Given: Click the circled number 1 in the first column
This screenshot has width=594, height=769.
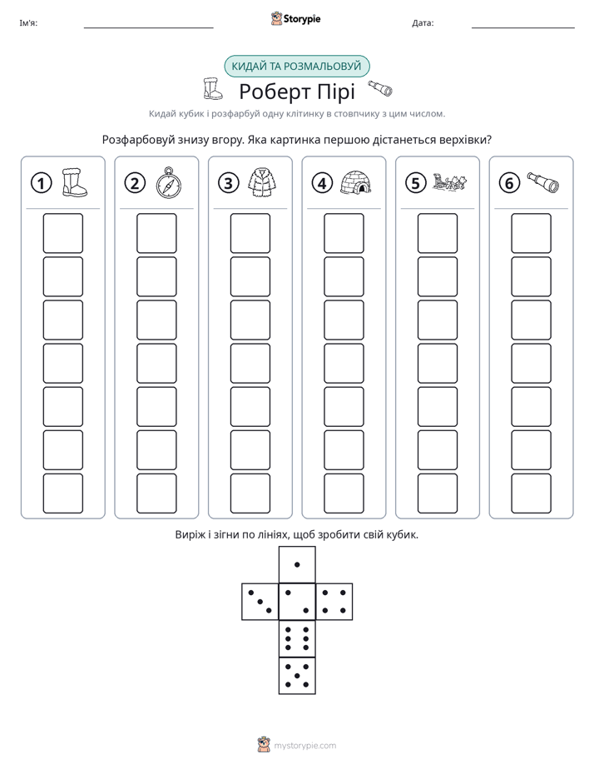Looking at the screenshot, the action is pos(41,183).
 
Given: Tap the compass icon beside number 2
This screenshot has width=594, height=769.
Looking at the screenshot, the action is pos(169,183).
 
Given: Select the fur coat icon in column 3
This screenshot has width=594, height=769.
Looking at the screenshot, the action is pos(262,182).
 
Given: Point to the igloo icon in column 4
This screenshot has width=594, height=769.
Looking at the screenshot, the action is pos(356,182).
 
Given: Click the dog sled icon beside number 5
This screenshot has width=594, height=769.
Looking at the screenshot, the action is pos(449,182).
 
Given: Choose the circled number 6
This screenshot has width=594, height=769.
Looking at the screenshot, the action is pos(509,183).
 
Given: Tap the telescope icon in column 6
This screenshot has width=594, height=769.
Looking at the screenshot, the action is pos(543,182).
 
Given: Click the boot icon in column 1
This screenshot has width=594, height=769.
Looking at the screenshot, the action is pos(75,182).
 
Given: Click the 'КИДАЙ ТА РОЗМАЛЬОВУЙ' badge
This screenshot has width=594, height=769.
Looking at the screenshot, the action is pos(296,67).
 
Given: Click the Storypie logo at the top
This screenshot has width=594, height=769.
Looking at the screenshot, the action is pos(295,18).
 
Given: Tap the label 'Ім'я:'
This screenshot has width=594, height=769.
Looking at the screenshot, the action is pos(28,23).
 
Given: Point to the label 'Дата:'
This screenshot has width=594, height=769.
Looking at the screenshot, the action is pos(423,23).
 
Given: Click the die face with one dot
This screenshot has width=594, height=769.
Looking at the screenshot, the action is pos(297,565).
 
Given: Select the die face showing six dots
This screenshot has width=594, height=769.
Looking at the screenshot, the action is pos(297,639).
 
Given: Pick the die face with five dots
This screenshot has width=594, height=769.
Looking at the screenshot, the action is pos(297,676).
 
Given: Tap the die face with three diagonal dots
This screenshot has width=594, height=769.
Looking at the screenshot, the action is pos(260,602).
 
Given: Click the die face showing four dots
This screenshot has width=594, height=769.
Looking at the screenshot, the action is pos(334,602).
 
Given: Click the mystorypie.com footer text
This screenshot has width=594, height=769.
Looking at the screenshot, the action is pos(304,746).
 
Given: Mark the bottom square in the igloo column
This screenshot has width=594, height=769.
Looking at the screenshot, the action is pos(344,494).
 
